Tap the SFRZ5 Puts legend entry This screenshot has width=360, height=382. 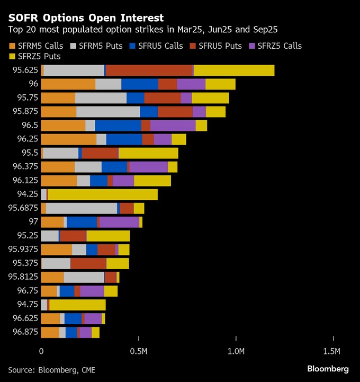(x=35, y=56)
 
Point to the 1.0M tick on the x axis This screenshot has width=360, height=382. (x=236, y=351)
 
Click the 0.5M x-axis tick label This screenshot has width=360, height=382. (x=138, y=351)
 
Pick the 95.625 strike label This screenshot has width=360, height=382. (x=24, y=70)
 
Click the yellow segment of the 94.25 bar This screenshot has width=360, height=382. (x=103, y=194)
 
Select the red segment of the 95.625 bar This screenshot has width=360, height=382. (x=149, y=70)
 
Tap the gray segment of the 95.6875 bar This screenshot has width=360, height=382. (x=82, y=208)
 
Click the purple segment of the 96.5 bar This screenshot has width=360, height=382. (x=173, y=126)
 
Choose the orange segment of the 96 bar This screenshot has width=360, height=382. (x=68, y=84)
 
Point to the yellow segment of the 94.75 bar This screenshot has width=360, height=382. (x=77, y=305)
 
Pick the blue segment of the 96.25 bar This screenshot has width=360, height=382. (x=124, y=139)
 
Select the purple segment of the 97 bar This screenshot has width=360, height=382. (x=119, y=222)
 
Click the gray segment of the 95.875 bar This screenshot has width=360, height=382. (x=108, y=112)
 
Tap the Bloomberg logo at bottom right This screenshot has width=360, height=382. (x=328, y=368)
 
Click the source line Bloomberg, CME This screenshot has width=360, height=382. (x=52, y=369)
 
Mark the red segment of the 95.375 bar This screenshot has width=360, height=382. (x=88, y=263)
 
